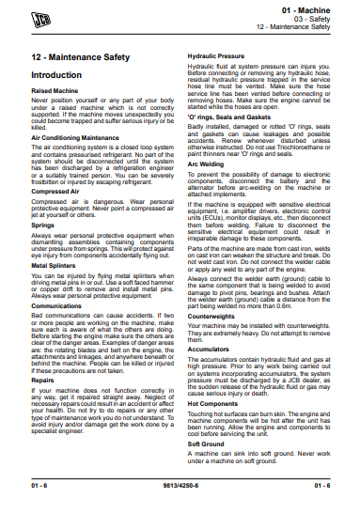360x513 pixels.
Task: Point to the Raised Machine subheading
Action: (x=53, y=90)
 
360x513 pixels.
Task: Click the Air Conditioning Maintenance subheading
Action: (x=75, y=137)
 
